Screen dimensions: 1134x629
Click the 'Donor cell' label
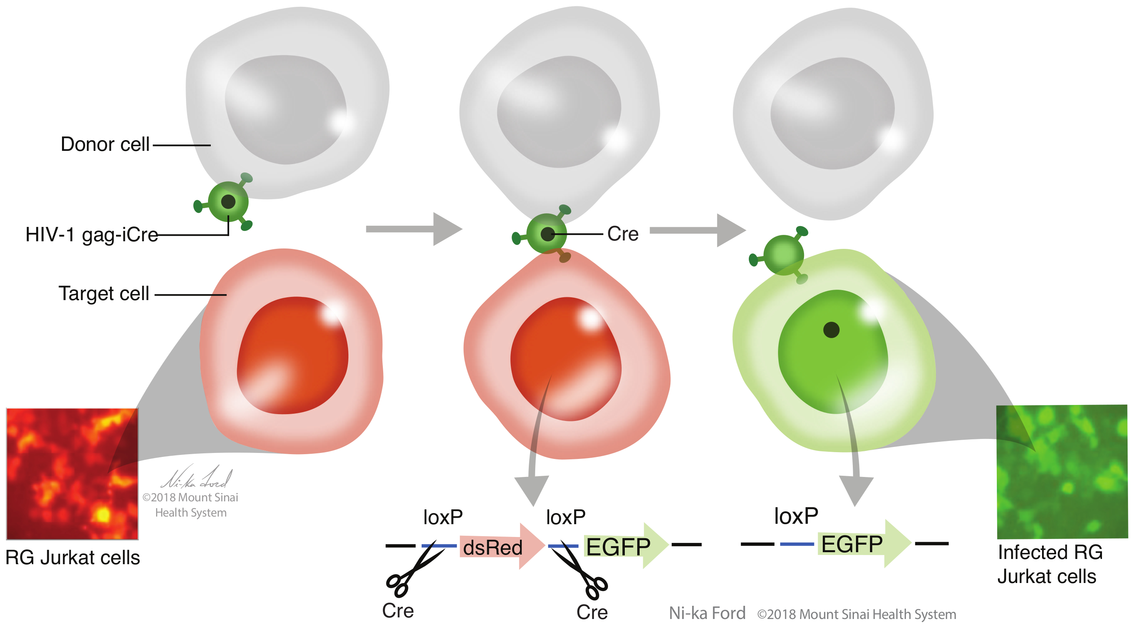tap(105, 144)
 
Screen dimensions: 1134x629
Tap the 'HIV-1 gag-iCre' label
tap(92, 234)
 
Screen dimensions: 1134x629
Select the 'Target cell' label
tap(104, 294)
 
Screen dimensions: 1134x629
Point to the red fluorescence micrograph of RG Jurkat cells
tap(72, 473)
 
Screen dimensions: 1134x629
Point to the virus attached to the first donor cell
tap(228, 202)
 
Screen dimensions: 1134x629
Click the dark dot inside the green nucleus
tap(831, 329)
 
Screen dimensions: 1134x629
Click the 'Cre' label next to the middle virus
tap(622, 234)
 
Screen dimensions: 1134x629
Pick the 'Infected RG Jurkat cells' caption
tap(1050, 564)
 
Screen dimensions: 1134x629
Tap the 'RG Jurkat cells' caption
tap(73, 558)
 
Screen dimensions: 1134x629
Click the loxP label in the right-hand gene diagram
tap(796, 516)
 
